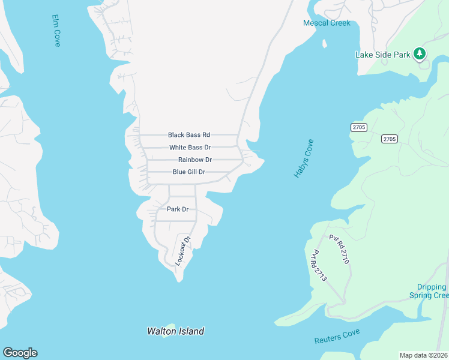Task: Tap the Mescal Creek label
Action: [326, 23]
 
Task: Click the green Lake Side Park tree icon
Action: [420, 55]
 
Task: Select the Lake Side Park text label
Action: [383, 55]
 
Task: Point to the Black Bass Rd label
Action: [189, 135]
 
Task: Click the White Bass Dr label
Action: [190, 147]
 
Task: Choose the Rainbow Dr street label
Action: [195, 160]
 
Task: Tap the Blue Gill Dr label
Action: [189, 172]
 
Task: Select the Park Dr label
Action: [178, 209]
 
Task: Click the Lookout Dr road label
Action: [182, 250]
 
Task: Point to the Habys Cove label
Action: [304, 158]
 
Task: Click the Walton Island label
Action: [176, 331]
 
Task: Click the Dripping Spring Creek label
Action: [428, 291]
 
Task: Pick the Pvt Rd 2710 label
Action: [339, 249]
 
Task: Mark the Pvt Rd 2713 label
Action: [318, 266]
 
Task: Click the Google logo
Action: [20, 353]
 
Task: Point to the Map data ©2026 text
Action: [423, 355]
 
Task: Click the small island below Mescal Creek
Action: [325, 44]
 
